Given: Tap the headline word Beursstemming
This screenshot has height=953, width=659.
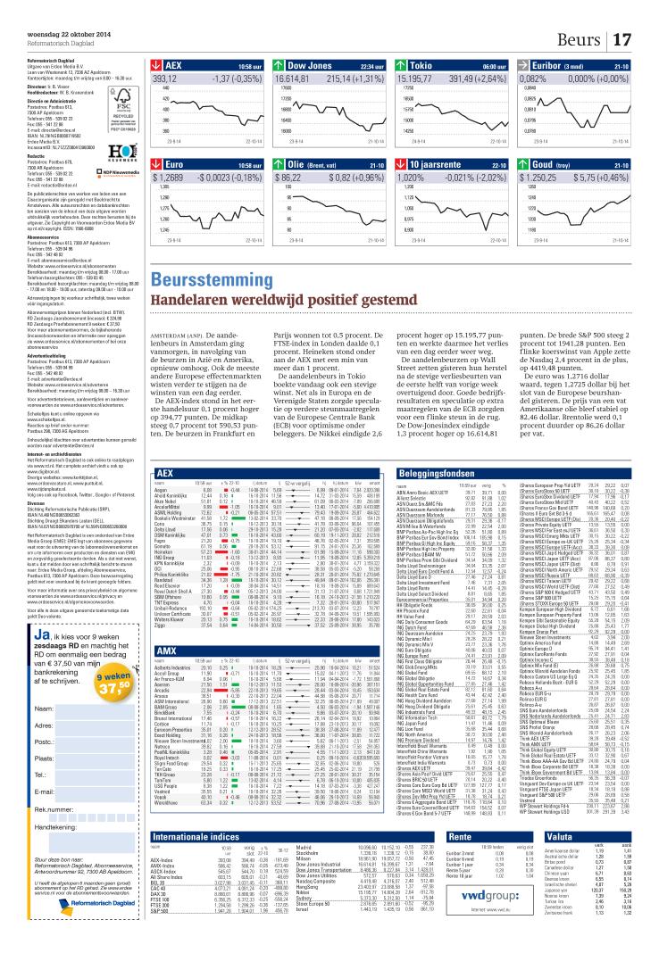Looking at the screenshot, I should [x=193, y=280].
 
